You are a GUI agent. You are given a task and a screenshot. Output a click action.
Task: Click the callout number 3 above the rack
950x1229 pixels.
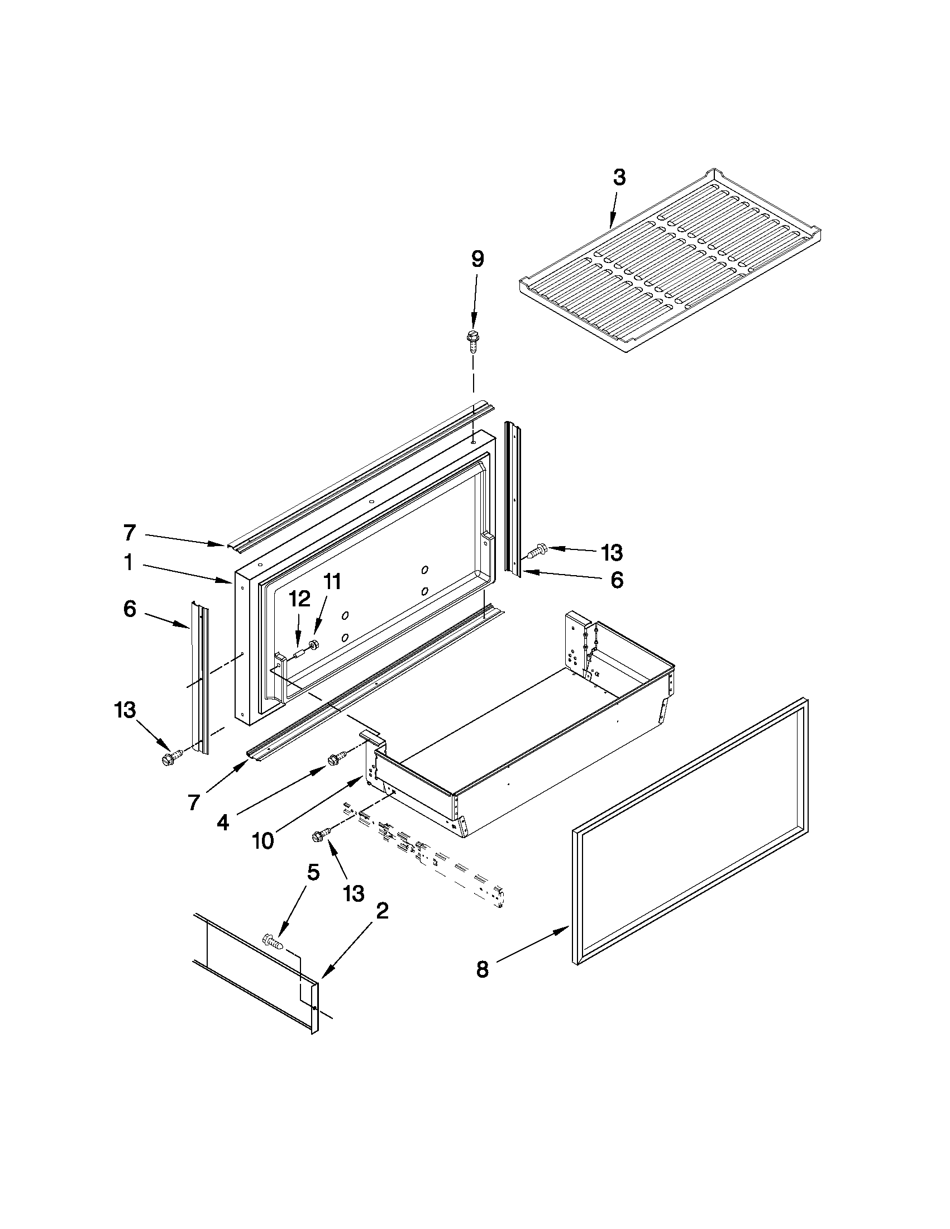click(618, 177)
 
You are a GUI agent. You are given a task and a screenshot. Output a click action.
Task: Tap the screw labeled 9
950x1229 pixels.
click(471, 340)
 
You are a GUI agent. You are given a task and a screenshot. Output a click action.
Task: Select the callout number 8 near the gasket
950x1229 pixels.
click(483, 969)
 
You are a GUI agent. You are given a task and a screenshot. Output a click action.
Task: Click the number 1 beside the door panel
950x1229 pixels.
click(128, 562)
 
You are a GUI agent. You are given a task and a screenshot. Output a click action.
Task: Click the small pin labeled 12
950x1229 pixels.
click(298, 653)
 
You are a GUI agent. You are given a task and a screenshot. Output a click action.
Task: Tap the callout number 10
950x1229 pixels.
click(263, 840)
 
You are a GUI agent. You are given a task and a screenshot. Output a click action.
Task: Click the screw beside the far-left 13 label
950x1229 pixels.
click(171, 757)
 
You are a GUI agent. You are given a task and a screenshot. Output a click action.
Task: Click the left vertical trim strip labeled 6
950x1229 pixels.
click(200, 675)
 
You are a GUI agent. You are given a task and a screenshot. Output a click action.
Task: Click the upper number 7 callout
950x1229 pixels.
click(130, 532)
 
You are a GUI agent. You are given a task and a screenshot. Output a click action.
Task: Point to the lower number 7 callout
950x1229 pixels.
click(194, 802)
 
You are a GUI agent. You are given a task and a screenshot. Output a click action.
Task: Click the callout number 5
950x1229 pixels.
click(313, 873)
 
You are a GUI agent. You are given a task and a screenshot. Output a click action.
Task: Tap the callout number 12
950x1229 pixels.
click(300, 599)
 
